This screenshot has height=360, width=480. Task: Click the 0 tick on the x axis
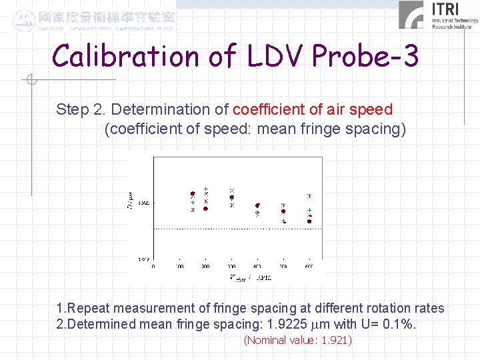154,267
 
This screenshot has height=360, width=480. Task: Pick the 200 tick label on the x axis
205,267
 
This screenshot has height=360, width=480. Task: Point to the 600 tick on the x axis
309,267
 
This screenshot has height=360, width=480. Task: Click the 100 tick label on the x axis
179,267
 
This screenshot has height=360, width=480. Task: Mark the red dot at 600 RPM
309,221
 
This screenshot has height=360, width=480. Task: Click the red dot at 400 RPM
257,206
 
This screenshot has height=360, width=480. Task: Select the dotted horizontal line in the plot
238,229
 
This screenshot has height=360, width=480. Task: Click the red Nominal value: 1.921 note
297,341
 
